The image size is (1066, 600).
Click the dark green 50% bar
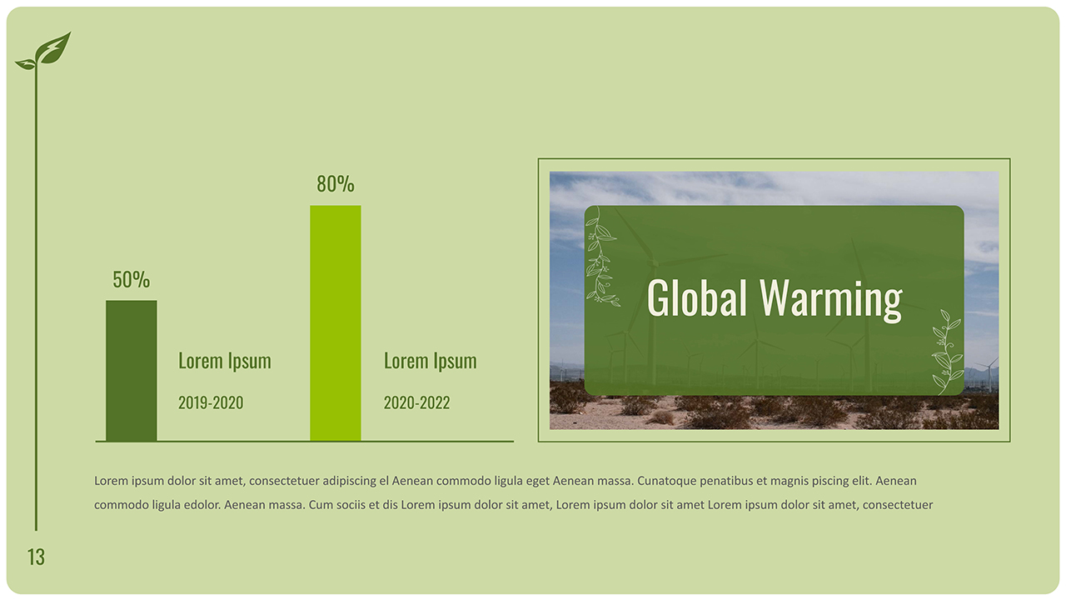131,370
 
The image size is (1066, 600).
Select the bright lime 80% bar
336,322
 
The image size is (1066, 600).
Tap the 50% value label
131,280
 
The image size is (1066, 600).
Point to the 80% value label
336,184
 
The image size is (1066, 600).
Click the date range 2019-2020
211,403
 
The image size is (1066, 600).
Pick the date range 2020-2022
416,403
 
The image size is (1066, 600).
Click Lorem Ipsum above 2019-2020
225,362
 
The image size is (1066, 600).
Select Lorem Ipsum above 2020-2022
430,362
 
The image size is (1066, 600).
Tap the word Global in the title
696,297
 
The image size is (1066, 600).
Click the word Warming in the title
831,299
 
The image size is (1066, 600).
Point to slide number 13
36,557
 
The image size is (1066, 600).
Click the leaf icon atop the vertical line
46,51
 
